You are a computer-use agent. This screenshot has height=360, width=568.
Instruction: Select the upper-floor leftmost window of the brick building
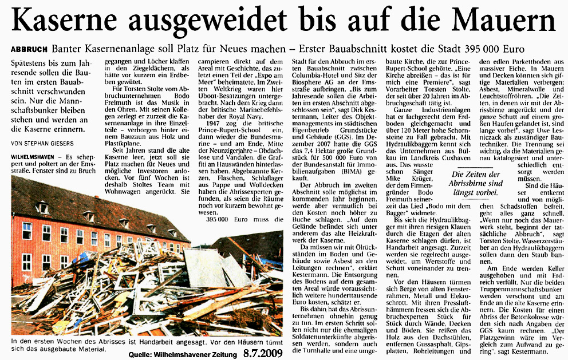point(27,231)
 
